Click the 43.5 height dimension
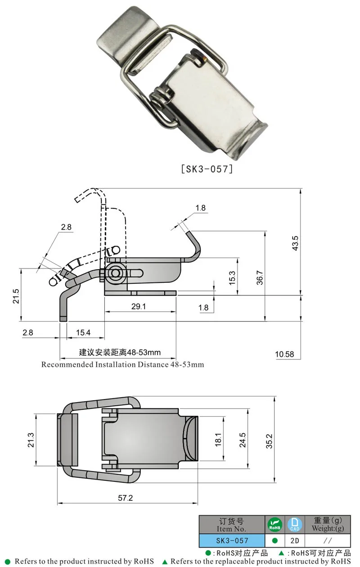[x=295, y=243]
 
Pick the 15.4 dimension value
[x=83, y=332]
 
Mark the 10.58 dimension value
[x=284, y=354]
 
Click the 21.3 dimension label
[x=31, y=440]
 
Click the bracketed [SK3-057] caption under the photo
[x=207, y=169]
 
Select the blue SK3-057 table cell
[x=232, y=540]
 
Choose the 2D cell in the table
[x=295, y=540]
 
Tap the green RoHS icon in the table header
[x=275, y=525]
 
